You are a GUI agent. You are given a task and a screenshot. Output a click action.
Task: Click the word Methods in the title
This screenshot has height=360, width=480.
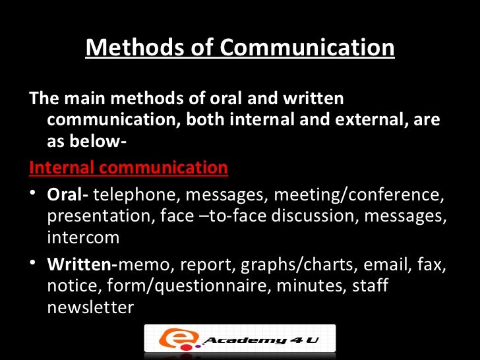[x=127, y=47]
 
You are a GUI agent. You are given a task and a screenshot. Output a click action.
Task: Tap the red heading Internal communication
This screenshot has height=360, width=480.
[x=129, y=167]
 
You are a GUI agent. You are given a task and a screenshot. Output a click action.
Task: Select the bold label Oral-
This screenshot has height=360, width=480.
[x=70, y=195]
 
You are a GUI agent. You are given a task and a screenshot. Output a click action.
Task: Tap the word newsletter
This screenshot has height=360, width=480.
[x=90, y=307]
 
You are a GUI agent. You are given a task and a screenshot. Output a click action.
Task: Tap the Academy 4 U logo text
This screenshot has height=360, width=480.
[x=264, y=340]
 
